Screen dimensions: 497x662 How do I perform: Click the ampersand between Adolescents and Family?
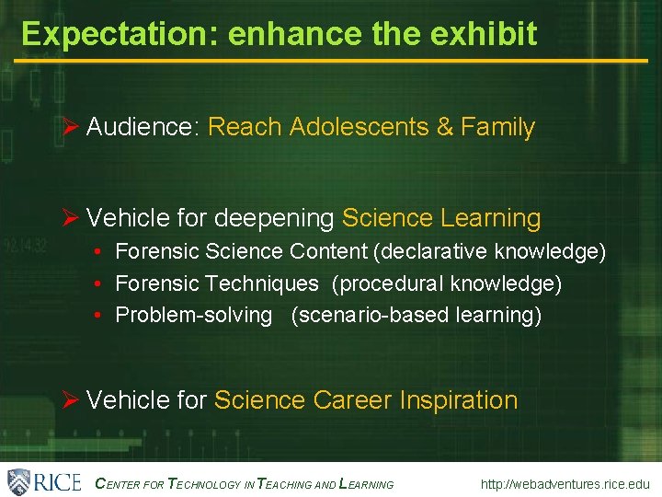(x=445, y=127)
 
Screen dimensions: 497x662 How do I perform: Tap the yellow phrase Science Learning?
(x=441, y=219)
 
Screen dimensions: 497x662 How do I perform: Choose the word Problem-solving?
(x=194, y=315)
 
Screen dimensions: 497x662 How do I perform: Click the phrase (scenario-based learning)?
(x=417, y=315)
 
